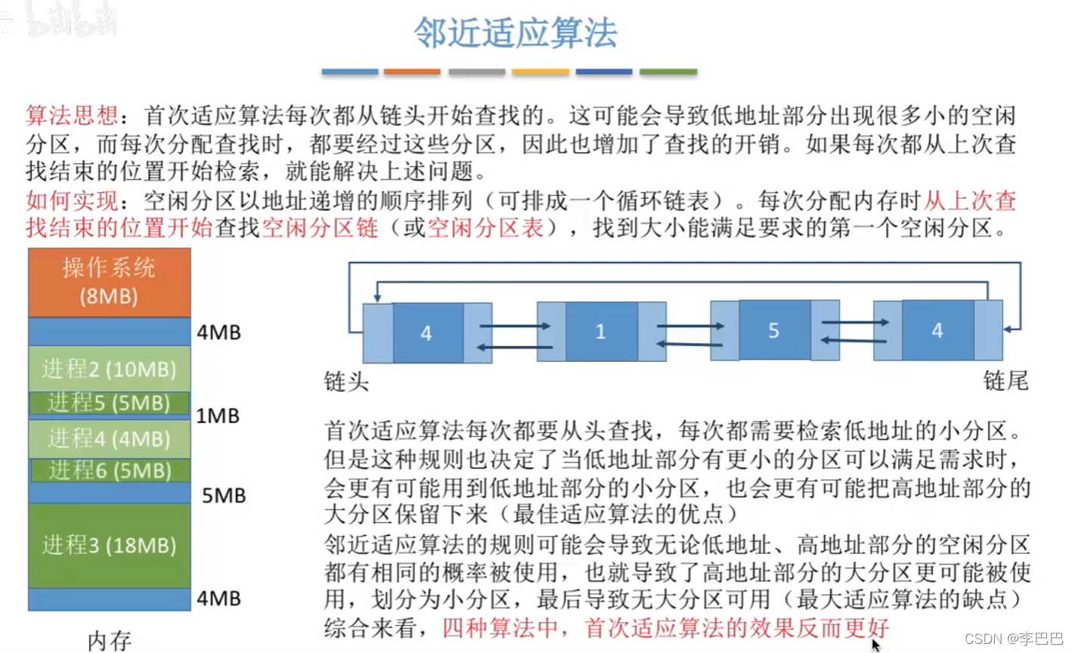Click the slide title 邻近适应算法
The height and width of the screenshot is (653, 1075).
coord(516,33)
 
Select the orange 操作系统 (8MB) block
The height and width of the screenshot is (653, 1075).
coord(109,282)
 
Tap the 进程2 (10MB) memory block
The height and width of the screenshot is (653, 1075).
coord(109,369)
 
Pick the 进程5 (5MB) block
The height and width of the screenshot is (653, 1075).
coord(109,403)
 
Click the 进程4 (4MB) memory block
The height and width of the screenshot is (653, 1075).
coord(109,439)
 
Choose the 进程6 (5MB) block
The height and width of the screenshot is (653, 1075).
coord(110,470)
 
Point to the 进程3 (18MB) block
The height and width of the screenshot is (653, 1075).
coord(109,545)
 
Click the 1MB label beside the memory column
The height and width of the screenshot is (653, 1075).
coord(218,416)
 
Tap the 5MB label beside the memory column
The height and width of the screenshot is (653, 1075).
coord(224,496)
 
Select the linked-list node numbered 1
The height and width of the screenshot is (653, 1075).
coord(601,331)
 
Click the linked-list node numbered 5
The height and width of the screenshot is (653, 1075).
coord(773,330)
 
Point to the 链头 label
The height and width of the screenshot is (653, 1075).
coord(346,382)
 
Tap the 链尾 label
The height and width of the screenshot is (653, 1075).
coord(1005,380)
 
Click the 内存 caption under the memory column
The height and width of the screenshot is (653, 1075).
coord(110,641)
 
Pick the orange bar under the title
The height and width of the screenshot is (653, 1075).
coord(412,72)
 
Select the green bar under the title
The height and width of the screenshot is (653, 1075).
coord(668,72)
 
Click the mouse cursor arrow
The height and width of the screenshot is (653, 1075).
coord(875,645)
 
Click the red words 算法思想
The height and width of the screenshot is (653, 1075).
coord(71,116)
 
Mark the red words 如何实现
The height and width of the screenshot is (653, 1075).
coord(71,200)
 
